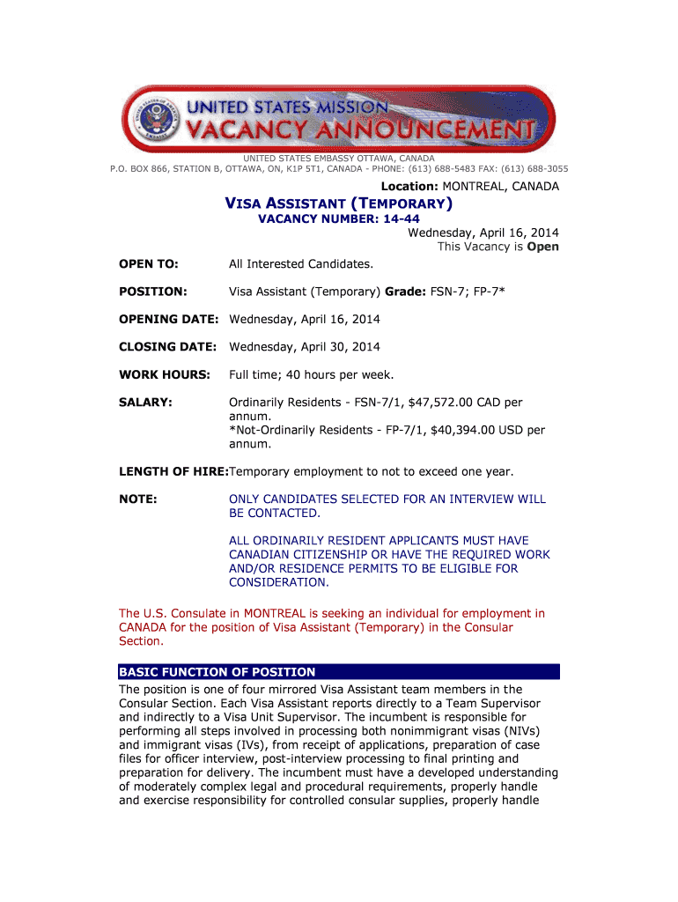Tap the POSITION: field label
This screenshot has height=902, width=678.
(153, 291)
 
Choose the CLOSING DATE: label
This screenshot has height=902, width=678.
(168, 347)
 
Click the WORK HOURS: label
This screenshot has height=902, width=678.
(165, 375)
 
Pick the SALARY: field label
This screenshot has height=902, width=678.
(146, 403)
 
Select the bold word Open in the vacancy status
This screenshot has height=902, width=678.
(542, 247)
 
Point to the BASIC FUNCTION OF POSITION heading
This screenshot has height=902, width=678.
(217, 671)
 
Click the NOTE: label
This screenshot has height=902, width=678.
(138, 499)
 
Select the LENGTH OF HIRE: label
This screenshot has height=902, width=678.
(173, 472)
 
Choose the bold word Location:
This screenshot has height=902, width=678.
(409, 187)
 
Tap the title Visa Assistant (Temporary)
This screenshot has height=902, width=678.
(340, 204)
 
